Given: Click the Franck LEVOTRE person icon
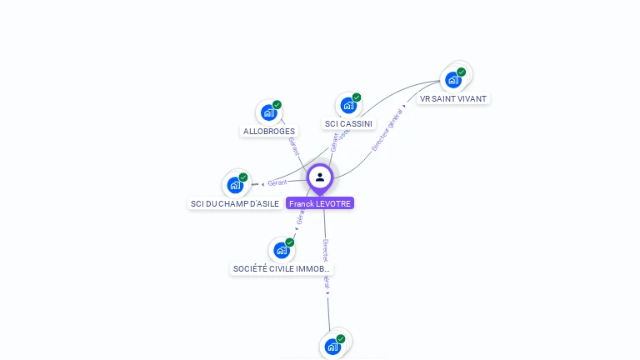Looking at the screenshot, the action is [320, 177].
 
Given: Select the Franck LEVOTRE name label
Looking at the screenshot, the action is [320, 203].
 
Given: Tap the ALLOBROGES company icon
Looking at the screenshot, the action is [268, 112].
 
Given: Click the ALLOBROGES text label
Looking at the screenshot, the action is [268, 132].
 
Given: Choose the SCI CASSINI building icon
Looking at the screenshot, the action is [348, 105].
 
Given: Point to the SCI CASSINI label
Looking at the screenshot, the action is [348, 124].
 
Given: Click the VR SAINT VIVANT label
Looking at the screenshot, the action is [453, 98].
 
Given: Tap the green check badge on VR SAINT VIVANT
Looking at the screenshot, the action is [462, 72].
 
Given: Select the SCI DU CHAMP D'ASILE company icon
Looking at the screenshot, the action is [235, 185].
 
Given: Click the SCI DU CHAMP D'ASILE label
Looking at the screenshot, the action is [235, 203].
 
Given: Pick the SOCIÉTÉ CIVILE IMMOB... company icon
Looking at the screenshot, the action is [282, 250].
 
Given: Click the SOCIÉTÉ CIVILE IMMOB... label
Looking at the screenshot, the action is [282, 269].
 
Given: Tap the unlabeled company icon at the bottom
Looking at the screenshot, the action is [332, 347].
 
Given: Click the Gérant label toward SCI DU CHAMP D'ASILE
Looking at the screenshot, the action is [277, 182].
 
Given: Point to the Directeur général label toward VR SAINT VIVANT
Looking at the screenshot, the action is [387, 128].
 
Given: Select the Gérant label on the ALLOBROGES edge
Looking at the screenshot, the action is [292, 146].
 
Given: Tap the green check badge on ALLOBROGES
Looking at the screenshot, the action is [277, 105].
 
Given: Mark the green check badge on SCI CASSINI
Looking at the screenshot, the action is [357, 97].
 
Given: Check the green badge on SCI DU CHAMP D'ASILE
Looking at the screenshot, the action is [243, 177].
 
